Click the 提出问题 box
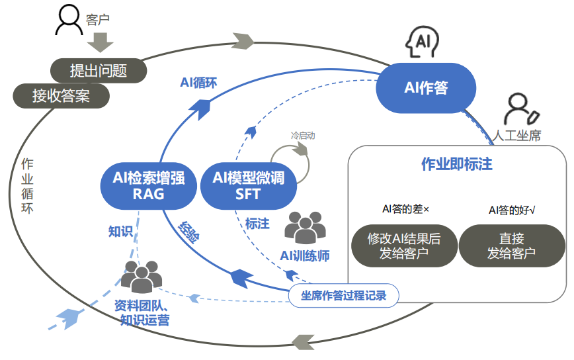pos(99,69)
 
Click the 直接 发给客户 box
pos(511,246)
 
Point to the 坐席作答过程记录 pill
pos(344,295)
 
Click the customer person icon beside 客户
pos(69,20)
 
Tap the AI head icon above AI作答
pos(422,42)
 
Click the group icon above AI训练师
pos(305,227)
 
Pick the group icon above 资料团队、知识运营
pos(142,277)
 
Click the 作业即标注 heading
pos(457,163)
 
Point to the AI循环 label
pos(198,83)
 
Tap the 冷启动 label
pos(303,136)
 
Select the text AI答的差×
pos(405,209)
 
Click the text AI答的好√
pos(512,210)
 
